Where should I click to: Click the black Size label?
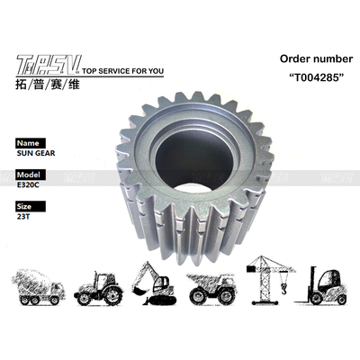pyautogui.click(x=26, y=206)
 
